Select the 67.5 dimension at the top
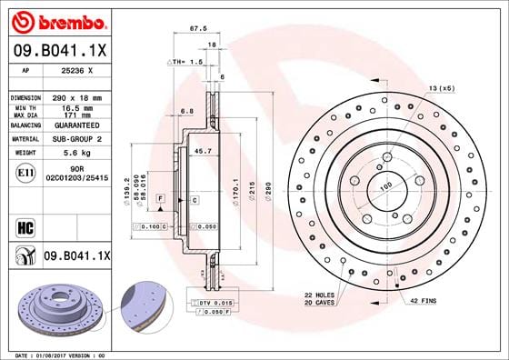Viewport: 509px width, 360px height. pos(194,28)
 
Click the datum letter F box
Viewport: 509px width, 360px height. pos(160,197)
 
